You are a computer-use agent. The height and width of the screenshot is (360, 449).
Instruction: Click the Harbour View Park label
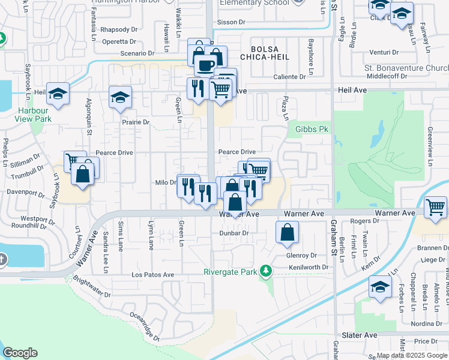(35, 115)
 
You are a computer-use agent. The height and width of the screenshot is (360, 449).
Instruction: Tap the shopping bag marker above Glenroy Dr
(288, 232)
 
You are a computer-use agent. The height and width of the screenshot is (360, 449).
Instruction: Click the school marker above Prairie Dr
(120, 97)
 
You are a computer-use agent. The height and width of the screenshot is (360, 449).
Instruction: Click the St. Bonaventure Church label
(406, 68)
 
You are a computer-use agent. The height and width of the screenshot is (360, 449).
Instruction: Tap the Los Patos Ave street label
(152, 275)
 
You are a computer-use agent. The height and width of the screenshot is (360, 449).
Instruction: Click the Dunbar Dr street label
(234, 233)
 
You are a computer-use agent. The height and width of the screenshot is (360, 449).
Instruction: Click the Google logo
(20, 353)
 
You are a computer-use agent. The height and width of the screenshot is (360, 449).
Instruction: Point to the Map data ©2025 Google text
(411, 355)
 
